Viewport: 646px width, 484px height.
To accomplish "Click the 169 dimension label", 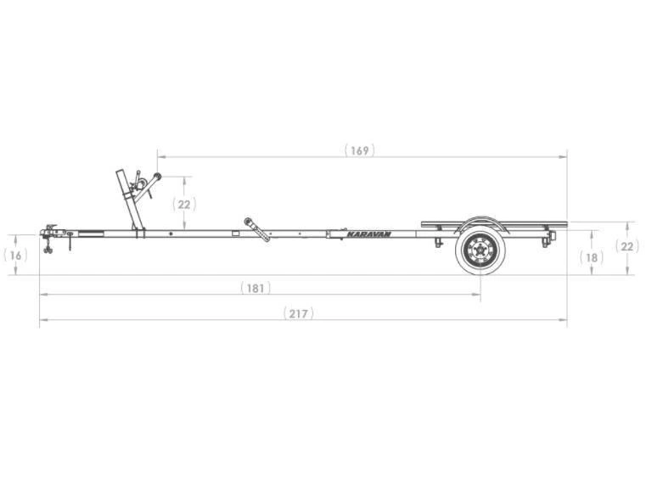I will pos(360,150).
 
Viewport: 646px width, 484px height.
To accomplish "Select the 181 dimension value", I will pos(255,288).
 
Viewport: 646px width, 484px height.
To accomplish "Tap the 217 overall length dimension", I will pos(298,313).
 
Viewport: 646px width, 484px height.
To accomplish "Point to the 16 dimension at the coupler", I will pos(14,255).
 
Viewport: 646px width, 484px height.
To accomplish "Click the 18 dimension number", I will pos(592,256).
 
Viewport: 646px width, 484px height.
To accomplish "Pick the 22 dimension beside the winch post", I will pos(184,204).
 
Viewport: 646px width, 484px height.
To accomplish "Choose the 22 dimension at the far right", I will pos(627,247).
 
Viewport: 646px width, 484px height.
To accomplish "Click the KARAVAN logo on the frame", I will pos(368,234).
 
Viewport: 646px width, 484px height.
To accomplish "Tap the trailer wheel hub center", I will pos(480,250).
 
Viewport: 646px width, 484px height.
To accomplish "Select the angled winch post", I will pos(129,200).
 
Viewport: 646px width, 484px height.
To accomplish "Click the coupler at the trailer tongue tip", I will pos(48,232).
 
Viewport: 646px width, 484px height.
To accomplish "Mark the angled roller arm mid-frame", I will pos(257,228).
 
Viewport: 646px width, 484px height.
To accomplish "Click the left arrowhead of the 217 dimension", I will pos(42,320).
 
